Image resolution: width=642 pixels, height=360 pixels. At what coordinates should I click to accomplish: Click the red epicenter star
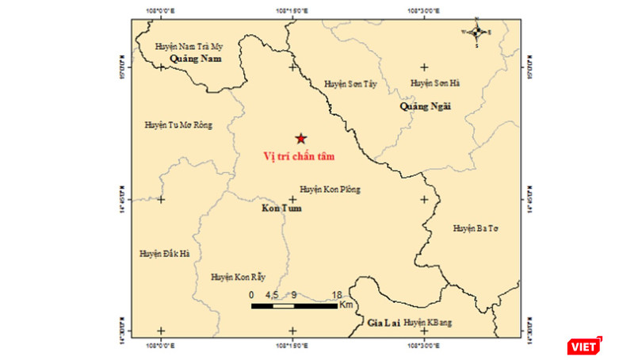tap(300, 138)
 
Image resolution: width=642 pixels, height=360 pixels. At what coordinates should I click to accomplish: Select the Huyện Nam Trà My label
tap(190, 47)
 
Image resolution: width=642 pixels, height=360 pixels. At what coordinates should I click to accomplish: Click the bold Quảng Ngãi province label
tap(425, 105)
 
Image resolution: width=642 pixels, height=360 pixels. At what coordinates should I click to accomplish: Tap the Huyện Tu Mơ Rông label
tap(178, 125)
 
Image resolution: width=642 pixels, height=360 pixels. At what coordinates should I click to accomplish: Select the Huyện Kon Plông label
tap(330, 190)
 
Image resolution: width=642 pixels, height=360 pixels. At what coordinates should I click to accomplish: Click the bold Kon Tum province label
tap(281, 209)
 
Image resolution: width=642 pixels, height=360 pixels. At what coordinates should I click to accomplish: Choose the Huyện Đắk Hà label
tap(164, 254)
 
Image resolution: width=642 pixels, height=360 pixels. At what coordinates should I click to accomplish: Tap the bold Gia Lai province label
tap(382, 323)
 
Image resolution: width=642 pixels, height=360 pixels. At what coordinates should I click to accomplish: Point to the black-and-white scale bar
tap(294, 305)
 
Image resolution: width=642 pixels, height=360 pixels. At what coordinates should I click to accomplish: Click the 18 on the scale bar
tap(337, 295)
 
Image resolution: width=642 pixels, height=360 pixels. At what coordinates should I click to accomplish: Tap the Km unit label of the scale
tap(346, 305)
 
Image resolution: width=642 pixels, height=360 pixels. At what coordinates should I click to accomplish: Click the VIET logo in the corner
tap(585, 346)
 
